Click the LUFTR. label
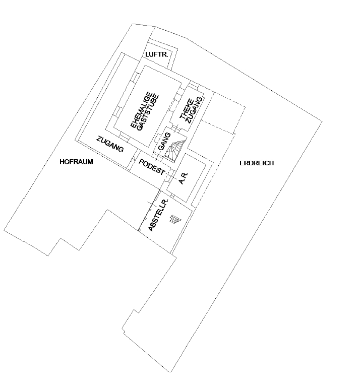point(157,54)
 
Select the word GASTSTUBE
point(148,112)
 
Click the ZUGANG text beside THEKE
point(195,110)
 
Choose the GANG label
point(164,142)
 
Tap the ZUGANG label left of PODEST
point(110,144)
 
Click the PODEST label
point(152,167)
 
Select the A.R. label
point(184,178)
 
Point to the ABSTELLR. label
point(158,215)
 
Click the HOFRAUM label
point(76,162)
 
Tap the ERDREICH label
point(257,163)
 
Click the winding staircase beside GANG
point(175,150)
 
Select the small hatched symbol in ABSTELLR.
point(175,219)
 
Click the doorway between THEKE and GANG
point(176,129)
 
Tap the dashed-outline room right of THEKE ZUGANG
point(223,113)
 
